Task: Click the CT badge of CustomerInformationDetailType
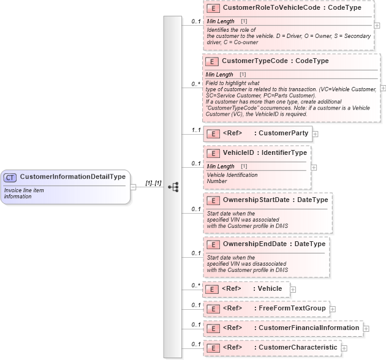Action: point(10,178)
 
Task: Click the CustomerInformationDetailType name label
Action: point(72,177)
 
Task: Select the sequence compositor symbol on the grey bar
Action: point(173,187)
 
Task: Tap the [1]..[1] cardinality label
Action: point(153,183)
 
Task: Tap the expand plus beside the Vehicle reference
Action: point(293,289)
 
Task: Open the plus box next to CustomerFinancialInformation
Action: point(366,328)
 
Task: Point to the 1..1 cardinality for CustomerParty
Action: point(196,130)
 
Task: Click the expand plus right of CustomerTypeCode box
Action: point(383,88)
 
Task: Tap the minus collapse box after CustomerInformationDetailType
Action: point(134,187)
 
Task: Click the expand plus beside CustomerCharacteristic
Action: point(344,348)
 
